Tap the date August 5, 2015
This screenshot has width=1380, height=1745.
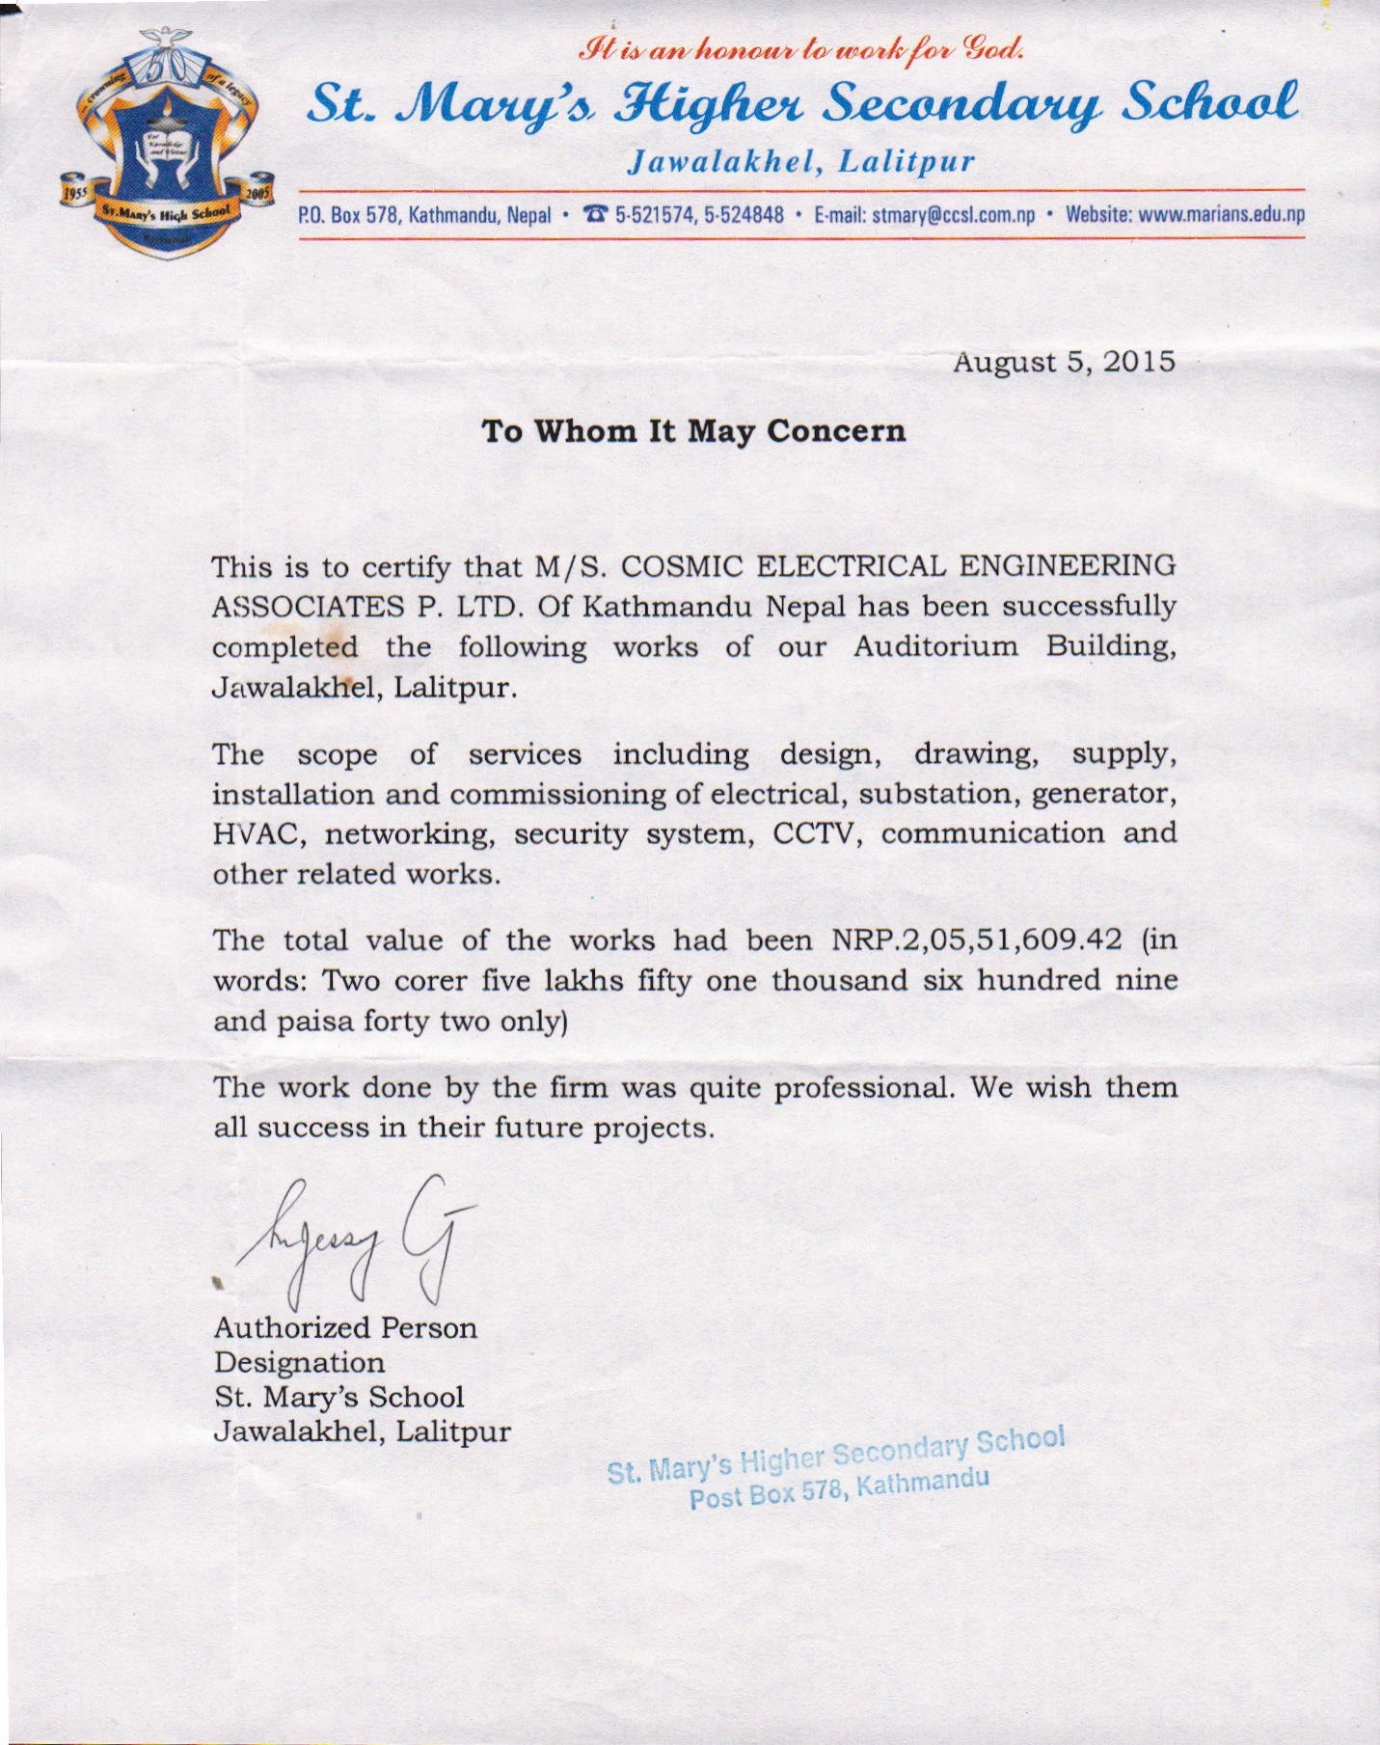pyautogui.click(x=1064, y=362)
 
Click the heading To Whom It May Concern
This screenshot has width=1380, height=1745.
pyautogui.click(x=693, y=430)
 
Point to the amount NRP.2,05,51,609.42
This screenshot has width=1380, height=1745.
pyautogui.click(x=976, y=940)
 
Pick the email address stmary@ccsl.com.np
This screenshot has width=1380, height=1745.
pyautogui.click(x=953, y=214)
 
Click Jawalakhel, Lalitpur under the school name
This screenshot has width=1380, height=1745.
pyautogui.click(x=799, y=160)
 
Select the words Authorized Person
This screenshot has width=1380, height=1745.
pyautogui.click(x=345, y=1327)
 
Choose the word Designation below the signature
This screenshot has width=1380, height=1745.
pyautogui.click(x=299, y=1362)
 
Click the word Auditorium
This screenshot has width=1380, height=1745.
pyautogui.click(x=935, y=646)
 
